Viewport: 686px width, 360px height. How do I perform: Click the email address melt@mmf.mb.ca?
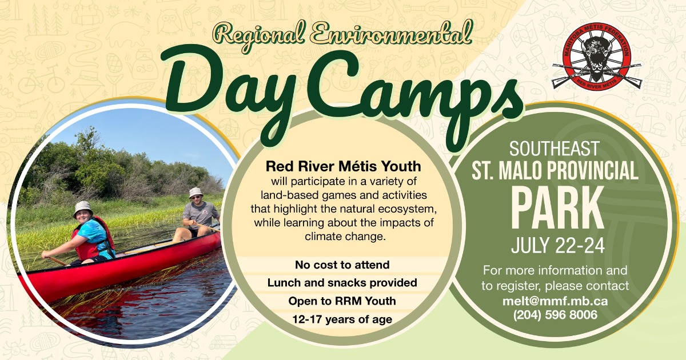tap(555, 301)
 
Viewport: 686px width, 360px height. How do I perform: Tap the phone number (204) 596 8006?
tap(555, 315)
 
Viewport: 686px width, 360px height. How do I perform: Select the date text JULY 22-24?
tap(558, 246)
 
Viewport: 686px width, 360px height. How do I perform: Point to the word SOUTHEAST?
tap(555, 149)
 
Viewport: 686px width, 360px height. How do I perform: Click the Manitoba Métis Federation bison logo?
tap(597, 57)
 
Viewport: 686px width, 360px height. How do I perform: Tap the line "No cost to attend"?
tap(342, 265)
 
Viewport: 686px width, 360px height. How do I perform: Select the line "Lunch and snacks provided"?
tap(342, 283)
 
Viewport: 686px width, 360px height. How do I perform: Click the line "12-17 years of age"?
tap(342, 319)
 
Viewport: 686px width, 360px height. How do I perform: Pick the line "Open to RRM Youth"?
tap(342, 301)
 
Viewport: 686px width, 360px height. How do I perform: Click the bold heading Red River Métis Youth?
tap(344, 166)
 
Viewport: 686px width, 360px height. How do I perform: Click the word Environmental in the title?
tap(389, 34)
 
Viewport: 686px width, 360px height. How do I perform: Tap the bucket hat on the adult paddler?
tap(196, 193)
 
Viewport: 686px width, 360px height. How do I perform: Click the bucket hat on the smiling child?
tap(83, 209)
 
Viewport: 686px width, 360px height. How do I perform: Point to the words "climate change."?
tap(345, 237)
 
